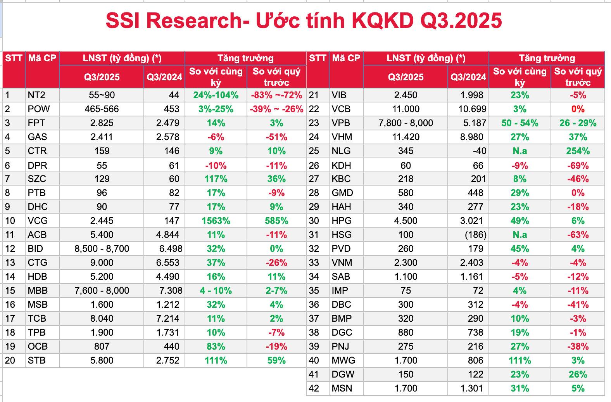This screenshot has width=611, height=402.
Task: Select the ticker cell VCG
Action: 38,221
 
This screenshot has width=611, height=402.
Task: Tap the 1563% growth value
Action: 216,221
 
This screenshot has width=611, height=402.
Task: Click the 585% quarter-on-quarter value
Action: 276,221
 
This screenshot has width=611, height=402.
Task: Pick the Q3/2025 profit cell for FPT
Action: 102,123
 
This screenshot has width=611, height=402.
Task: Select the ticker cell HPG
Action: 342,221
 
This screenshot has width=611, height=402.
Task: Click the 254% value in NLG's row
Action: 578,151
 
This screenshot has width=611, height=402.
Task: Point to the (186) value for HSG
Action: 475,235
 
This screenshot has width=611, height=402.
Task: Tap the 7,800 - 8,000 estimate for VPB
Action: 406,123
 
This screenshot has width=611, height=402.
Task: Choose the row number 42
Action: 314,388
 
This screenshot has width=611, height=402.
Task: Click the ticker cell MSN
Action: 342,388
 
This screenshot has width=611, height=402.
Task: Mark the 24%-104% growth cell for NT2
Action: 216,95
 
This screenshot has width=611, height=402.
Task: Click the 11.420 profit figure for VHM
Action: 406,137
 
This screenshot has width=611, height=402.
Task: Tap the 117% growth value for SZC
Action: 216,179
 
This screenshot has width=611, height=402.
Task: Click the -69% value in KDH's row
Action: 578,166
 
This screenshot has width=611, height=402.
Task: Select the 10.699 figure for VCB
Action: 472,109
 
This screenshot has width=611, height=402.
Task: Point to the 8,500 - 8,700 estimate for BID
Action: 102,249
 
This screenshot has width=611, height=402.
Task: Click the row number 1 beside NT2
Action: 7,95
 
